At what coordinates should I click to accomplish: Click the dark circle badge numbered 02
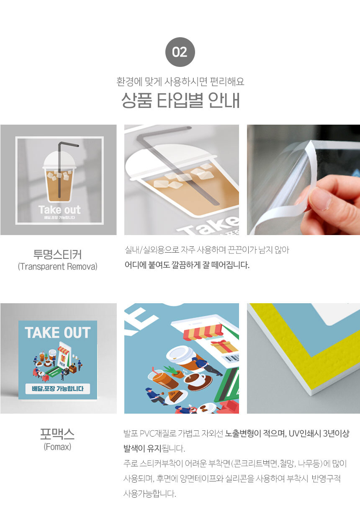[180, 52]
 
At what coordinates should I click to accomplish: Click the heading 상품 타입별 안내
[180, 100]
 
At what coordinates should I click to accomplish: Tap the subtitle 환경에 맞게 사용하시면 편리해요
[180, 81]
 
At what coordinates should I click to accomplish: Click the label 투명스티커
[57, 254]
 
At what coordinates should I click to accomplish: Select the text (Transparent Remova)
[57, 266]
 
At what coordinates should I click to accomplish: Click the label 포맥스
[57, 434]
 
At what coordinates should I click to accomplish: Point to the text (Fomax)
[57, 447]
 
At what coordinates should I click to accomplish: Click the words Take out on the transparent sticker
[59, 210]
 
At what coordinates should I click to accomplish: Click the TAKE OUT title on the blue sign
[58, 333]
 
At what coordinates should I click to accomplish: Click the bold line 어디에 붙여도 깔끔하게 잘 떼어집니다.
[187, 265]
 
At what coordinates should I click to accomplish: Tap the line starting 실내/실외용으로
[207, 251]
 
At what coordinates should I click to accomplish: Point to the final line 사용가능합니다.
[150, 494]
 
